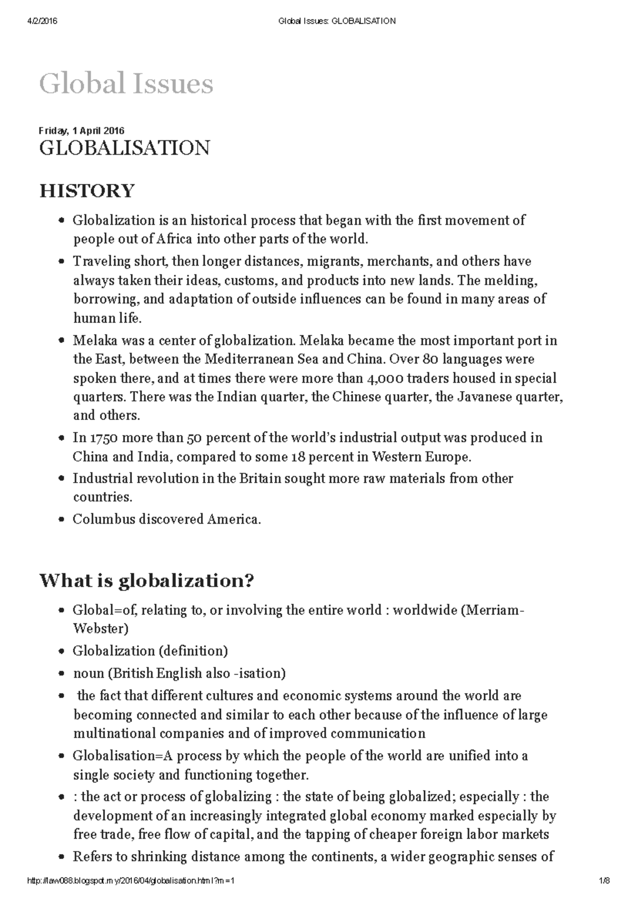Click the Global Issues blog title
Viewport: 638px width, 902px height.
[x=126, y=84]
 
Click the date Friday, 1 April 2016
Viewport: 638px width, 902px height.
[x=81, y=131]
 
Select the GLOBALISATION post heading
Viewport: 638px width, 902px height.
[x=124, y=148]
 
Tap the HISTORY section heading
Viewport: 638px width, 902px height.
[x=87, y=190]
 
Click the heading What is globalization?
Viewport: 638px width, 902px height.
[x=147, y=580]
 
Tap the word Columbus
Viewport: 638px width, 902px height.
[x=104, y=519]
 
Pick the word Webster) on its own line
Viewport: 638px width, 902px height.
[x=100, y=628]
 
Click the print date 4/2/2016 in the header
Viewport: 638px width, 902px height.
[x=42, y=21]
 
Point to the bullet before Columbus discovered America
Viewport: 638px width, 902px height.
[x=62, y=520]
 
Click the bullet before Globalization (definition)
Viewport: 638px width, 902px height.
[x=62, y=652]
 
